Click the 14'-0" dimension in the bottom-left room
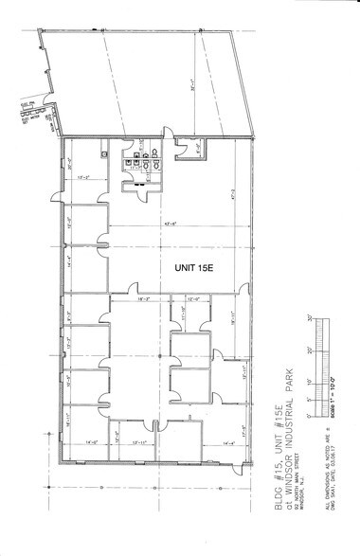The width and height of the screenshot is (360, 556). coord(92,442)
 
